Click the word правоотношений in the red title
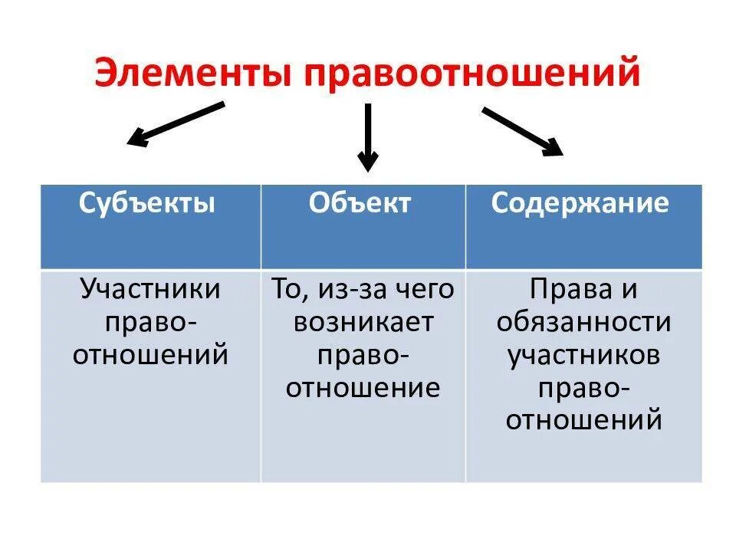click(471, 74)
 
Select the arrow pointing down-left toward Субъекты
click(176, 123)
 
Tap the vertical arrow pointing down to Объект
click(368, 138)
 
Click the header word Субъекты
click(146, 203)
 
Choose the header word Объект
click(360, 203)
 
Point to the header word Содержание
click(580, 203)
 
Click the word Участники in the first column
click(150, 290)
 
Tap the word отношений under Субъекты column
click(150, 355)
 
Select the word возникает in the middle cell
click(363, 322)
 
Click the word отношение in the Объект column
click(363, 387)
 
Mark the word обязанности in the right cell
click(583, 322)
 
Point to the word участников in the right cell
click(583, 355)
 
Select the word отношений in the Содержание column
click(583, 420)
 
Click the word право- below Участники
click(150, 322)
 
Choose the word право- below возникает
click(363, 355)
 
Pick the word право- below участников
click(583, 387)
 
